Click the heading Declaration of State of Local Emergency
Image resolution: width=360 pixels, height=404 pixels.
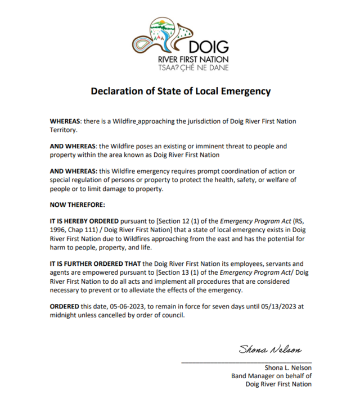181,91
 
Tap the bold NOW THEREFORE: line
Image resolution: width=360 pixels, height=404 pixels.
77,205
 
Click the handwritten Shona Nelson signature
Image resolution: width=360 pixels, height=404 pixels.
270,349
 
